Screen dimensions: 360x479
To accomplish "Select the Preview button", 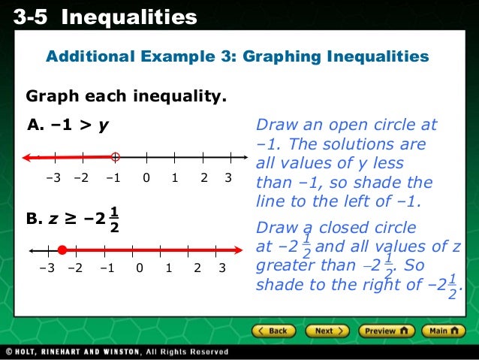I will click(386, 331).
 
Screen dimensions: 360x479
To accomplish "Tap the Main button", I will click(443, 331).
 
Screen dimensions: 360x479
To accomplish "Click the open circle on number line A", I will click(115, 157).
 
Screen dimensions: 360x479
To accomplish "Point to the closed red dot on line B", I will click(62, 250).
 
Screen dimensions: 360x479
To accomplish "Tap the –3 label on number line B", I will click(47, 268).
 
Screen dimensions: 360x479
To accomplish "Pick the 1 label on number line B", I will click(168, 268).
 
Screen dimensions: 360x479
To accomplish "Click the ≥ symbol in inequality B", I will click(71, 219).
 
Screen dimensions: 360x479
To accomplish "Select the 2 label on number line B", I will click(196, 268).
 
